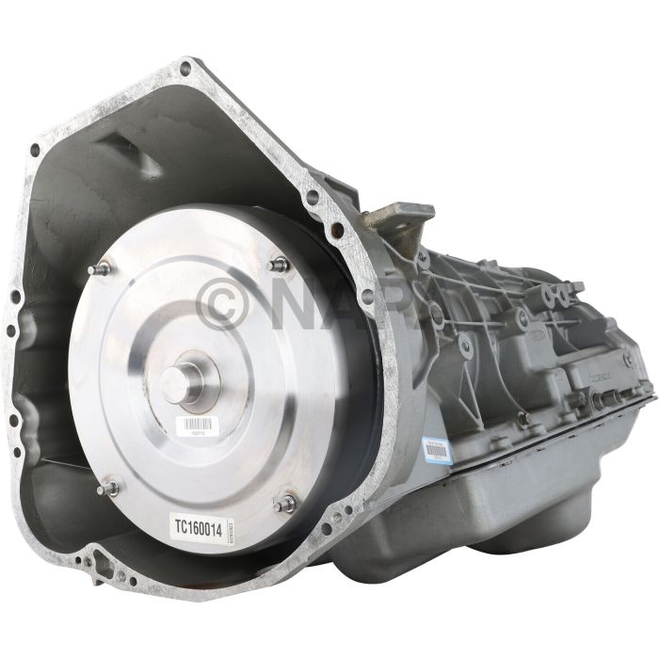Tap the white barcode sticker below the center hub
click(x=198, y=426)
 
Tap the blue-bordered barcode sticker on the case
click(x=438, y=450)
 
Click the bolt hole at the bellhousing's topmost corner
click(x=186, y=68)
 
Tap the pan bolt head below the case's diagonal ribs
click(x=522, y=414)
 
